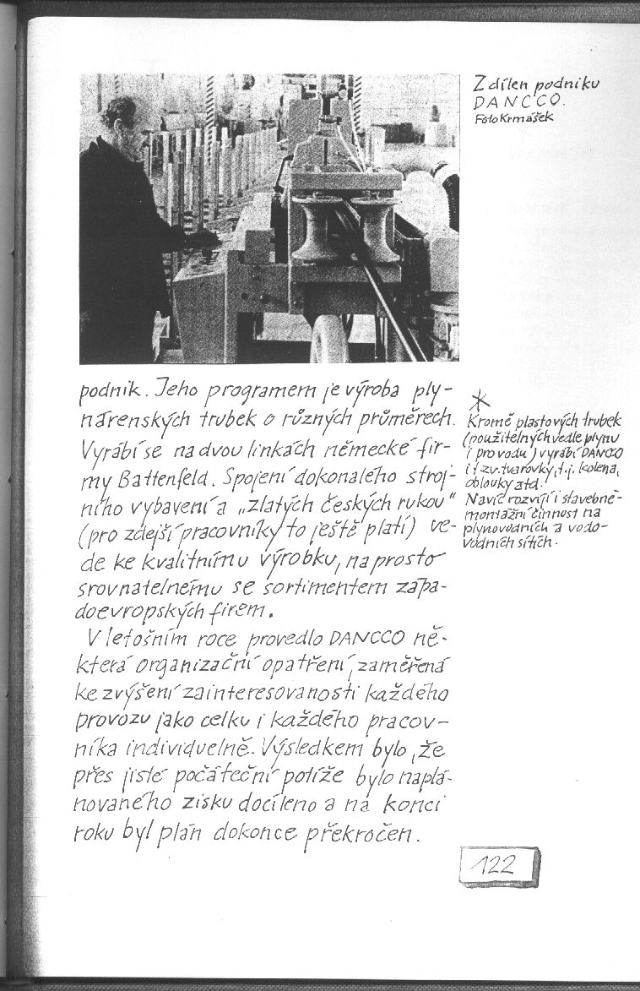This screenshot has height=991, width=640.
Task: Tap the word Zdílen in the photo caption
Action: click(491, 85)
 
